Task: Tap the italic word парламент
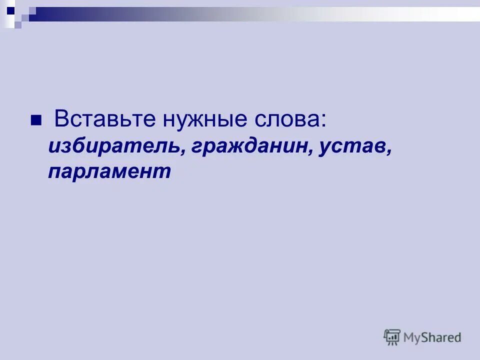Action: tap(109, 171)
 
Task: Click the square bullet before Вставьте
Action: tap(36, 121)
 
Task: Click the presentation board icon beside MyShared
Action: tap(392, 336)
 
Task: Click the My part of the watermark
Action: tap(413, 338)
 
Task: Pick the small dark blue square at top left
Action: tap(10, 9)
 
